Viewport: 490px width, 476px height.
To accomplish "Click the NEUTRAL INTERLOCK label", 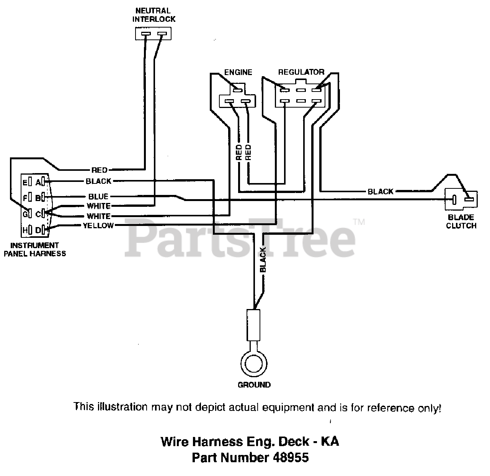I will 154,15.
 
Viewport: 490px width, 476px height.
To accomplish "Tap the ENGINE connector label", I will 238,72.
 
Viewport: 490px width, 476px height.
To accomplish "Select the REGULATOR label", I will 301,72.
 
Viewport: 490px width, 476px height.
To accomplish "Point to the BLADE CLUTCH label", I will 461,221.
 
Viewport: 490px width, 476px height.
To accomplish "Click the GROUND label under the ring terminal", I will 254,384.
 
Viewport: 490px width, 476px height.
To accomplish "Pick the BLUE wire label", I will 98,196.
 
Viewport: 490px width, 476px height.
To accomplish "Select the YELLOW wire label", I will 98,226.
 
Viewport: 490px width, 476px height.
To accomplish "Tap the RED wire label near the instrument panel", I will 100,170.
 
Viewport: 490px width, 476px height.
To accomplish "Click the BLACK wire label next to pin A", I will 98,181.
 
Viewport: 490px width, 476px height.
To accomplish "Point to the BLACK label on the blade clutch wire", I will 380,191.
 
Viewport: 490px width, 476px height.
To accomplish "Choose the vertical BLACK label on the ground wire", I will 263,260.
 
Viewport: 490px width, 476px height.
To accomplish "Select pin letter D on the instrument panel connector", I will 38,230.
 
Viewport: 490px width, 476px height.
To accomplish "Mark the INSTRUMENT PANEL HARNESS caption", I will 34,249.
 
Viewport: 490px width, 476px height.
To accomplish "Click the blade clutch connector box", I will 461,199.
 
